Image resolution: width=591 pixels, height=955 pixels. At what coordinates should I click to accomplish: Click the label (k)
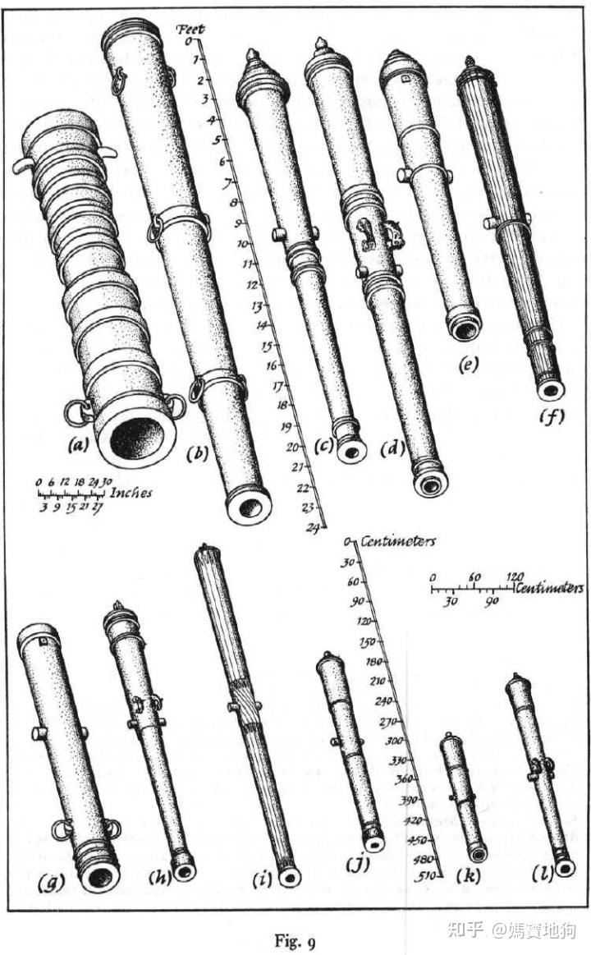[x=470, y=877]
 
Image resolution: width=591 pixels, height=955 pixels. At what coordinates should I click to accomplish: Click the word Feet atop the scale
[x=190, y=29]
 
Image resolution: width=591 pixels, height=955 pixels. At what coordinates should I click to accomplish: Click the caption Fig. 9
[x=294, y=936]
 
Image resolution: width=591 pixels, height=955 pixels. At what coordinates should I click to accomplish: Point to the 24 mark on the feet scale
[x=312, y=527]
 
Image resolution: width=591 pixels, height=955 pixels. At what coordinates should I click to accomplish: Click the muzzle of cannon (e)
[x=464, y=328]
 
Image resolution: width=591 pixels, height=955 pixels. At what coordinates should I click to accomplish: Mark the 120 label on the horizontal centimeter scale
[x=515, y=576]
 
